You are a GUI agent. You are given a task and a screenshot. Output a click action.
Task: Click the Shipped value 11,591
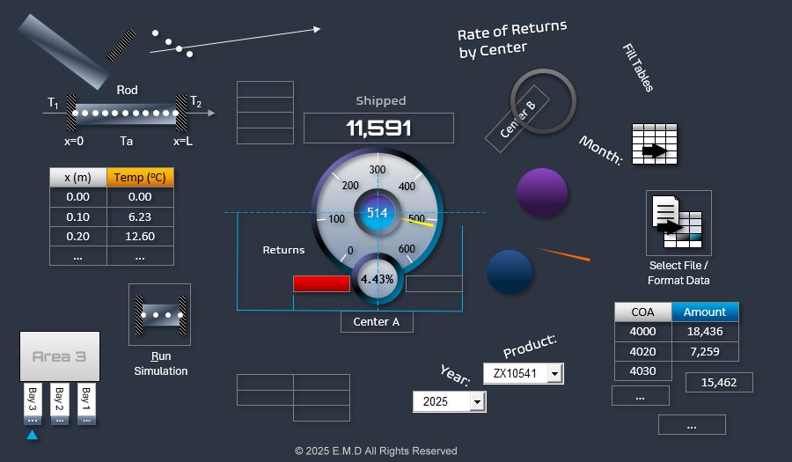(x=378, y=128)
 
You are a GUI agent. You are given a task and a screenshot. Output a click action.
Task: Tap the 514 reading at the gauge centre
(x=378, y=213)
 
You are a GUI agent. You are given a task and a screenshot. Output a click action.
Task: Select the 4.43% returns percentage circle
(x=378, y=279)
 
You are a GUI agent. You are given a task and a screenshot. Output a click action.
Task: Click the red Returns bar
(x=321, y=283)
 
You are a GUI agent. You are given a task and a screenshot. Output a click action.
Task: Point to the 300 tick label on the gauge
(x=378, y=170)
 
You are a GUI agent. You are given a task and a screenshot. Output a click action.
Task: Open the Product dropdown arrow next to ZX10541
(x=554, y=373)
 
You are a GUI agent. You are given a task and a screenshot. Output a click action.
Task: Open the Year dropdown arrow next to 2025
(x=477, y=401)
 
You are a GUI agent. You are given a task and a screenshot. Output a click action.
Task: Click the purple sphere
(x=542, y=193)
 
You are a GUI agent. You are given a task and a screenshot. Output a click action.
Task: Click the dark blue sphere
(x=510, y=271)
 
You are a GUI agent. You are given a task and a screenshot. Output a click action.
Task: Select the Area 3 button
(x=60, y=356)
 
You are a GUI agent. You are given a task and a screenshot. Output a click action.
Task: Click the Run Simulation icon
(x=160, y=314)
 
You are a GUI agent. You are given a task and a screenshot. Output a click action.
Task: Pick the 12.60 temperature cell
(x=140, y=236)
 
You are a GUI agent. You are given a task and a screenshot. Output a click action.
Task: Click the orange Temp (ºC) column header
(x=140, y=177)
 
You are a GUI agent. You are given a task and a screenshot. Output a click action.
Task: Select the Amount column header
(x=705, y=312)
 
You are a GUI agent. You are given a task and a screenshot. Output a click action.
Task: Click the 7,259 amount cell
(x=705, y=351)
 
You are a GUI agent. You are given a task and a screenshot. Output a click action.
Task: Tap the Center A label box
(x=377, y=322)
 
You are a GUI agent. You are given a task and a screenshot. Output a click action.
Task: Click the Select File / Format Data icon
(x=678, y=223)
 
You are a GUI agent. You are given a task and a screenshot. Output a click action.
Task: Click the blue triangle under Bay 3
(x=32, y=435)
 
